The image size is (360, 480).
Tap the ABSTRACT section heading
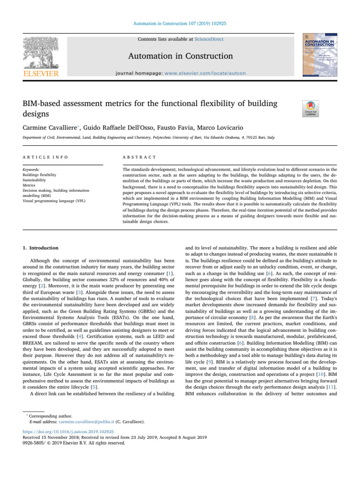pyautogui.click(x=136, y=157)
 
